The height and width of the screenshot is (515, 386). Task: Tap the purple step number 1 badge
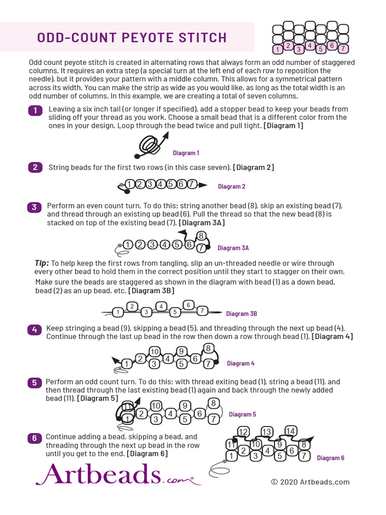(x=35, y=111)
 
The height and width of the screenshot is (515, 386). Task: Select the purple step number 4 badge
(x=34, y=330)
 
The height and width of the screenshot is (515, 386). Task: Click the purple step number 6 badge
(x=34, y=438)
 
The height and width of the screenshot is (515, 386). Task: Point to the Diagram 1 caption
(x=186, y=153)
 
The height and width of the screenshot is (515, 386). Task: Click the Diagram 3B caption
(x=241, y=314)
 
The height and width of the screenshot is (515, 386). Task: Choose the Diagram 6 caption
(x=331, y=458)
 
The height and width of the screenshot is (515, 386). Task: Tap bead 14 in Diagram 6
(x=291, y=431)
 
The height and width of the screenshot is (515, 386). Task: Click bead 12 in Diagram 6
(x=243, y=432)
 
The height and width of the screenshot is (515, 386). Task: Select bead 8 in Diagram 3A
(x=201, y=236)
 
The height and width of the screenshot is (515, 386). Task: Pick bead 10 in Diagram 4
(x=154, y=352)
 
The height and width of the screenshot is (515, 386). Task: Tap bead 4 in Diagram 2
(x=160, y=185)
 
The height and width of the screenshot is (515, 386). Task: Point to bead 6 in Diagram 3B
(x=188, y=305)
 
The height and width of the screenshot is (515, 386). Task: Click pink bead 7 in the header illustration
(x=343, y=49)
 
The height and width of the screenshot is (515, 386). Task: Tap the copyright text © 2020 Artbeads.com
(x=310, y=482)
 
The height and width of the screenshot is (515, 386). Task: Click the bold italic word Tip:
(x=42, y=263)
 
